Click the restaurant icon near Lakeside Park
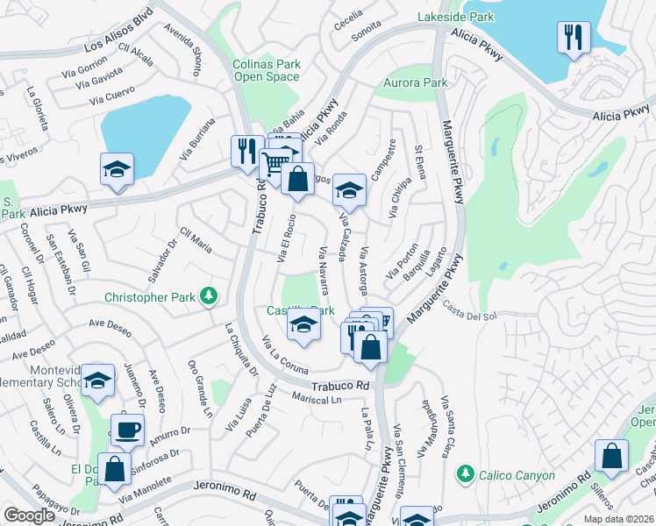[x=572, y=38]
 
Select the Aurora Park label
[x=417, y=83]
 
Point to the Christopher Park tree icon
[x=209, y=296]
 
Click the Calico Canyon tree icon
[x=465, y=475]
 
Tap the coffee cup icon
[x=128, y=430]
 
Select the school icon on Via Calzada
[x=349, y=190]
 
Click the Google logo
[x=29, y=515]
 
